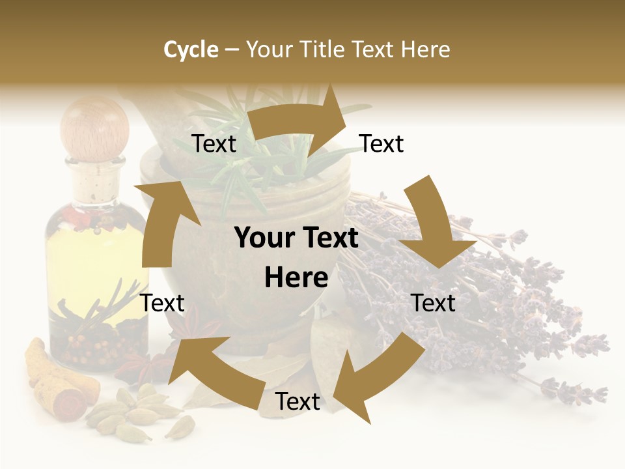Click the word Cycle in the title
click(191, 50)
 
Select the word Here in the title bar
click(425, 50)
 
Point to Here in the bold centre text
click(296, 278)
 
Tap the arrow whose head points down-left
click(378, 371)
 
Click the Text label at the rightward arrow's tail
click(214, 144)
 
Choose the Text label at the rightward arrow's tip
click(382, 144)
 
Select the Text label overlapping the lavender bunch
click(434, 303)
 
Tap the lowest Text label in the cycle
click(298, 402)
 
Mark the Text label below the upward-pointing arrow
click(163, 303)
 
